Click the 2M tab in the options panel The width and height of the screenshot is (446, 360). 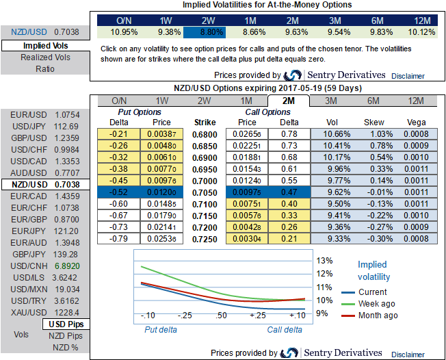[x=288, y=101]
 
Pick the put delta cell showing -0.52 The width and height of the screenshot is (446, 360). [x=119, y=193]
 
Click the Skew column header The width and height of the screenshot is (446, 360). [x=373, y=122]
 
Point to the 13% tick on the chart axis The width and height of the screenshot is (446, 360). [x=325, y=260]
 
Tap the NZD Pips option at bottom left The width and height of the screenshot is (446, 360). [x=65, y=335]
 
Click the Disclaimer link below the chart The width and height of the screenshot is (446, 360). [x=409, y=353]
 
